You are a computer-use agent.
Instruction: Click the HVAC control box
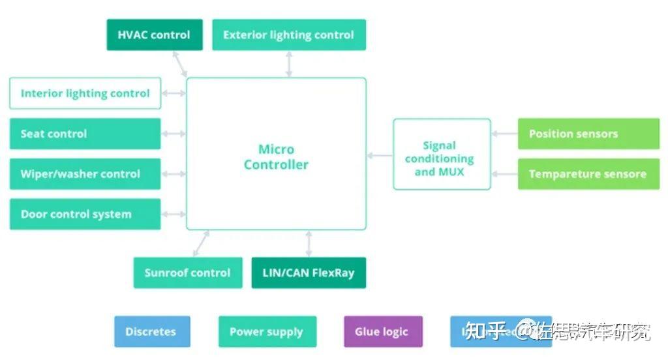[155, 35]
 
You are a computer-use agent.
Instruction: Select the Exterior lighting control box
[288, 35]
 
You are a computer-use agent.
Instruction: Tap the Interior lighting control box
[85, 93]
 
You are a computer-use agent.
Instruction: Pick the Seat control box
[85, 134]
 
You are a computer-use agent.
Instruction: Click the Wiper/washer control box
[85, 174]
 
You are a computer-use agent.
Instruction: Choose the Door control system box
[85, 214]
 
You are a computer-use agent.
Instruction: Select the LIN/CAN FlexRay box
[309, 273]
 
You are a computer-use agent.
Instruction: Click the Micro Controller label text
[276, 157]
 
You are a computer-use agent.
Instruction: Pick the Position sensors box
[588, 134]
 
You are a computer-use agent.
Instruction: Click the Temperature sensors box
[588, 174]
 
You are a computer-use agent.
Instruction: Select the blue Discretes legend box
[152, 331]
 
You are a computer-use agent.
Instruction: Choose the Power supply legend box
[267, 331]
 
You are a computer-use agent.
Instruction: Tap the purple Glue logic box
[383, 331]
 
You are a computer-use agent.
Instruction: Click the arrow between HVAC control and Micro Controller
[181, 63]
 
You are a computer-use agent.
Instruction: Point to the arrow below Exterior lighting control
[289, 64]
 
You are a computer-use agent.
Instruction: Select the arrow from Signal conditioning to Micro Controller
[380, 155]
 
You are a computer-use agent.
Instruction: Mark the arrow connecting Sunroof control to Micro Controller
[202, 243]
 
